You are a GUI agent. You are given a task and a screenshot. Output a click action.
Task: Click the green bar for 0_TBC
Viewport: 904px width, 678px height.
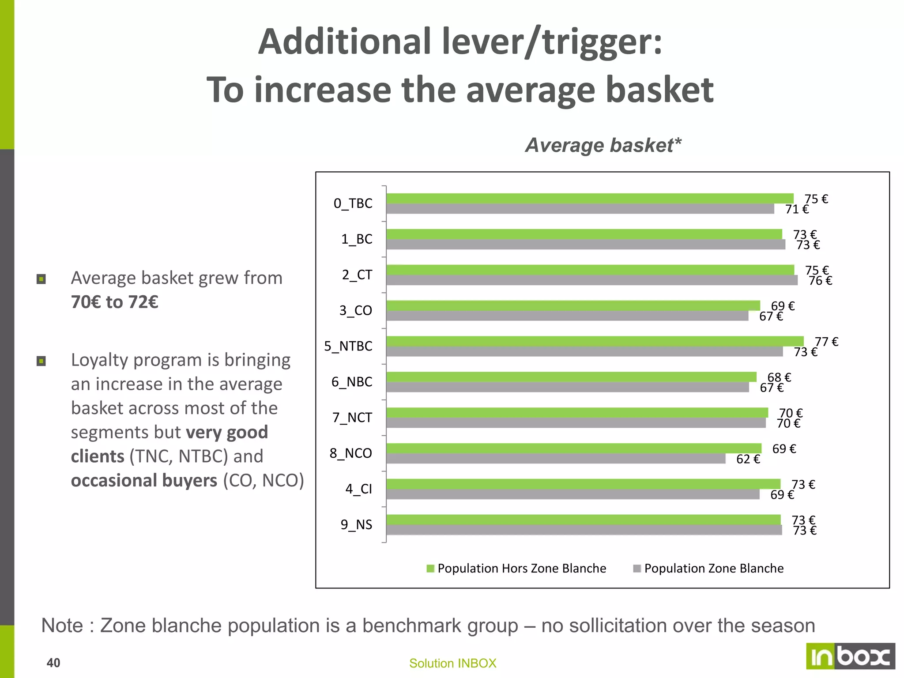pos(589,199)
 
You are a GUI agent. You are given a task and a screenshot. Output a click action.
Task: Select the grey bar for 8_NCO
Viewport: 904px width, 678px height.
pos(555,459)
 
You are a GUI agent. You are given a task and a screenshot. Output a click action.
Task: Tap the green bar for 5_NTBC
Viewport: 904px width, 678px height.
pos(595,341)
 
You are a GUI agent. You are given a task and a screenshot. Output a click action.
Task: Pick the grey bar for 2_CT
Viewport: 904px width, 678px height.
pos(591,280)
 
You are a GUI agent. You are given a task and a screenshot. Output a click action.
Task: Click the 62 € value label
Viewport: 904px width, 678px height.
pos(748,460)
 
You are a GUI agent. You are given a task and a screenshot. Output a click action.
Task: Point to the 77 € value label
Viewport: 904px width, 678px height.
pos(826,342)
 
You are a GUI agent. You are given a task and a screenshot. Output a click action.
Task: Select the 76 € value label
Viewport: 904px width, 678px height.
pos(820,281)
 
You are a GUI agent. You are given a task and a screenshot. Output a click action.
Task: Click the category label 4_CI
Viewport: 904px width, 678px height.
pos(358,489)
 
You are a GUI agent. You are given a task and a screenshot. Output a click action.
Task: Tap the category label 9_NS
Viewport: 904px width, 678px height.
pos(356,525)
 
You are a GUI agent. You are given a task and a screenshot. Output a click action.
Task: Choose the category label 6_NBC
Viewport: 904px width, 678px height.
pos(352,382)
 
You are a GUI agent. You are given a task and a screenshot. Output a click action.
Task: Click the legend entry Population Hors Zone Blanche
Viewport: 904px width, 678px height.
pos(516,569)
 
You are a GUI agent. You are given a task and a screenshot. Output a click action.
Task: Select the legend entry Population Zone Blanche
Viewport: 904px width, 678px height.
pos(708,569)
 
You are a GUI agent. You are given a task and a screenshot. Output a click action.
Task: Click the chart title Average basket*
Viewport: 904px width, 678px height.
pos(603,145)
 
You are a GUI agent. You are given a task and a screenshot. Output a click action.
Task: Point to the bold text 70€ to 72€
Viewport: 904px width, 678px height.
pos(115,302)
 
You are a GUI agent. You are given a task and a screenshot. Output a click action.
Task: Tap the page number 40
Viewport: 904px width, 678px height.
pos(53,663)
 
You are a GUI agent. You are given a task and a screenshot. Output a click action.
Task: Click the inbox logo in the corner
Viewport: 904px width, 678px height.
pos(850,656)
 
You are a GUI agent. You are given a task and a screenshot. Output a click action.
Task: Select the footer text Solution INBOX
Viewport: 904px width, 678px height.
pos(452,663)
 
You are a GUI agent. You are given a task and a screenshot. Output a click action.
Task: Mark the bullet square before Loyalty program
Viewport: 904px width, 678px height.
pos(41,362)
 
